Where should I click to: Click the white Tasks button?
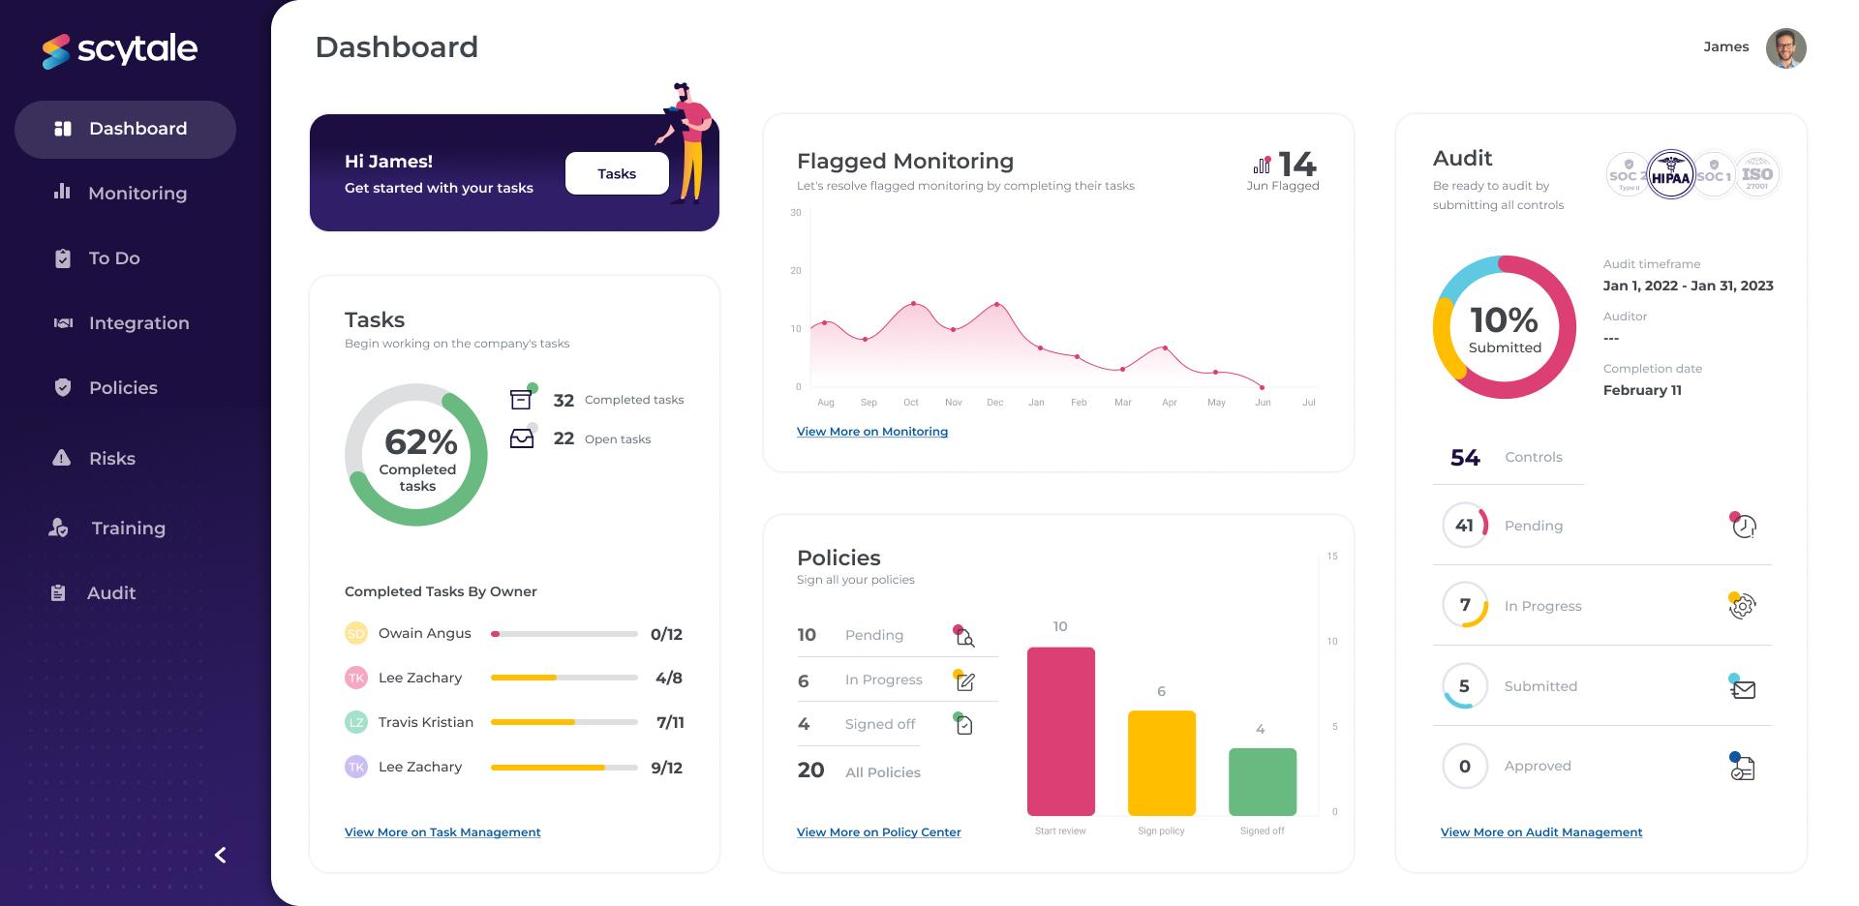point(617,173)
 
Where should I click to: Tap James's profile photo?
point(1785,47)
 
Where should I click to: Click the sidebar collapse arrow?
point(221,855)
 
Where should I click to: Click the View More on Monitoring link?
point(871,432)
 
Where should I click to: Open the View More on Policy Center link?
point(878,832)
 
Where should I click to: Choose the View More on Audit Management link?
point(1540,832)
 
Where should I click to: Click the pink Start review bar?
point(1060,731)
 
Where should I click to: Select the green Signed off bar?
point(1262,781)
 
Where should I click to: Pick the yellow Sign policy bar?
point(1161,763)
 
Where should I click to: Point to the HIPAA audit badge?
point(1670,176)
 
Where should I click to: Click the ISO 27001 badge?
point(1756,175)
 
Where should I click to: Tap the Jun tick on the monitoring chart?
point(1263,402)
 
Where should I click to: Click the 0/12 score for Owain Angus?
point(666,635)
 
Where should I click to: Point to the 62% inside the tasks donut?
point(420,442)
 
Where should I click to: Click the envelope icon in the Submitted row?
point(1743,688)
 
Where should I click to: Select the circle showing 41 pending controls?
point(1464,526)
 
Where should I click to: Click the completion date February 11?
point(1641,390)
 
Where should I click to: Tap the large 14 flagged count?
point(1296,165)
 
